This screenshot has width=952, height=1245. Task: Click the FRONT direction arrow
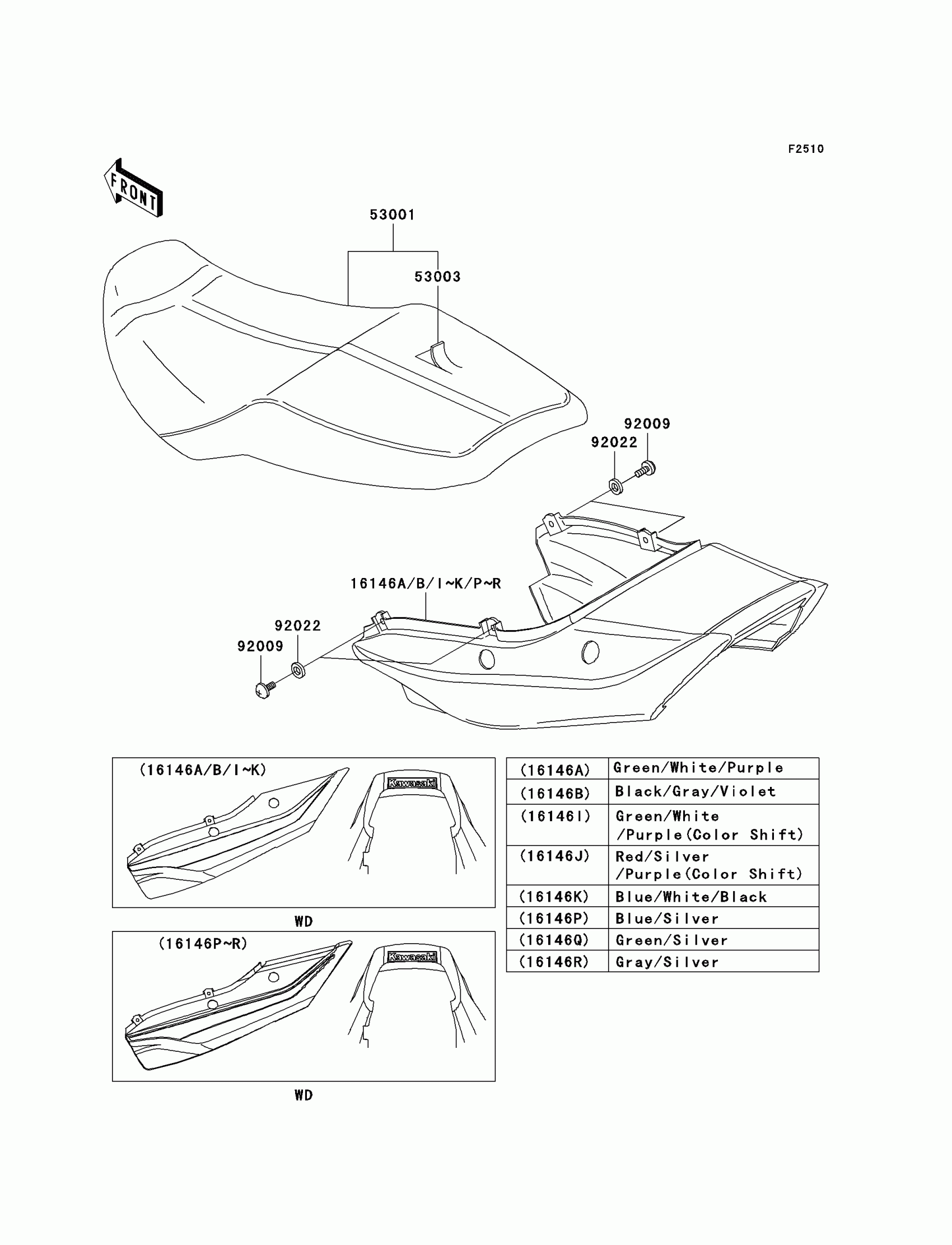[x=134, y=189]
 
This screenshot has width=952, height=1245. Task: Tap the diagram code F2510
[x=806, y=149]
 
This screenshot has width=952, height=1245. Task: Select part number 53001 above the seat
[x=392, y=215]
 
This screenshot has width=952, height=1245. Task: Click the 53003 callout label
[x=437, y=277]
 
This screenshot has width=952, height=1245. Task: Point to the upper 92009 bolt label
[x=647, y=423]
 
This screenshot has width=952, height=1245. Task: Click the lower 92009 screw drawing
[x=265, y=689]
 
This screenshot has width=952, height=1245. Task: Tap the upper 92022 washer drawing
[x=615, y=486]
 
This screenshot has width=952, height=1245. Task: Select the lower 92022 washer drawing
[x=298, y=670]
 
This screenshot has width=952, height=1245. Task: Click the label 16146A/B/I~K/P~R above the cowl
[x=426, y=584]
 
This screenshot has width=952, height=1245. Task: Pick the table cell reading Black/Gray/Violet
[x=696, y=792]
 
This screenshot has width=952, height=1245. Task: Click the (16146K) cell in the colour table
[x=555, y=897]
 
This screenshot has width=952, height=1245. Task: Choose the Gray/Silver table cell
[x=667, y=962]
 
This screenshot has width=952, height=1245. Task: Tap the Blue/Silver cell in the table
[x=667, y=918]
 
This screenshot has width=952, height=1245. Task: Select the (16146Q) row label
[x=555, y=940]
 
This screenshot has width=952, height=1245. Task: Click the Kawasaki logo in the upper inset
[x=412, y=783]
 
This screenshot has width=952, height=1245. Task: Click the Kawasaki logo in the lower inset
[x=412, y=957]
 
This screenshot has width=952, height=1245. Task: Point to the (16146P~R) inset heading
[x=203, y=944]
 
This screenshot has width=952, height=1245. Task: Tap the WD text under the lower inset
[x=304, y=1095]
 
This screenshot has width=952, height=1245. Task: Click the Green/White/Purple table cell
[x=698, y=768]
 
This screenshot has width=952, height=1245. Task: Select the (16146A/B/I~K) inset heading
[x=203, y=770]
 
